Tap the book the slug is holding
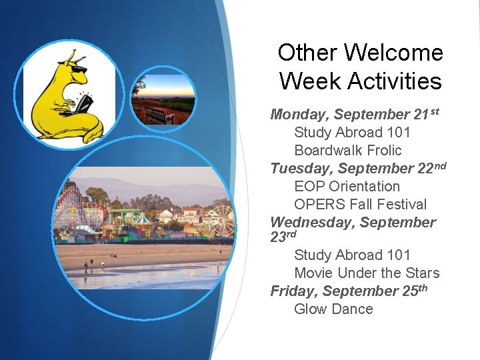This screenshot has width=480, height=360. [x=85, y=104]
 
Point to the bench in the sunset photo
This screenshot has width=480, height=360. [x=159, y=115]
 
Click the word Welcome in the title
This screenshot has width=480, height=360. [x=388, y=53]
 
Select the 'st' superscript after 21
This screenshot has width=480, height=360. [x=433, y=111]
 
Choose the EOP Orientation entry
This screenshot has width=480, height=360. [x=347, y=187]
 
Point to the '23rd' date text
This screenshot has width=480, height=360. [x=283, y=237]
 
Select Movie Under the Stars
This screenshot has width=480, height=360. [x=367, y=273]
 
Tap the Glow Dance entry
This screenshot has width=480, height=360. [x=333, y=309]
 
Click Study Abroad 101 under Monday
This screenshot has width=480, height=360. [x=352, y=133]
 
